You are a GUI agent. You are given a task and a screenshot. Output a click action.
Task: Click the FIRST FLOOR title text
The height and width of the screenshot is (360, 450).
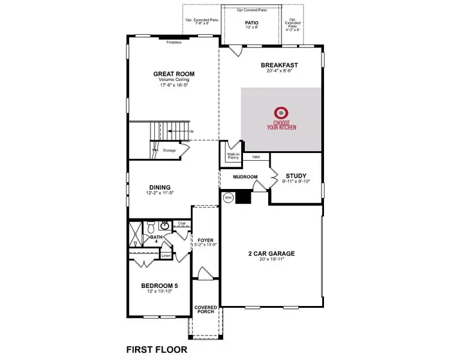pos(157,349)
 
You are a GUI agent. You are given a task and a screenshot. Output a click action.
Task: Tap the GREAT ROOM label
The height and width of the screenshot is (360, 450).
pos(174,74)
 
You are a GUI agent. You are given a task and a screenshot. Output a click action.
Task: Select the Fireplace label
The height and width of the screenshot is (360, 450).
pos(174,42)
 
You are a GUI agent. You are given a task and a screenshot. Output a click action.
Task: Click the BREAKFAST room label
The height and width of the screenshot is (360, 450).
pos(279,65)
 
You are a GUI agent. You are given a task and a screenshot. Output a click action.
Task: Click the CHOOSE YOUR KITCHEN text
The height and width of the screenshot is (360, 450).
pos(281,125)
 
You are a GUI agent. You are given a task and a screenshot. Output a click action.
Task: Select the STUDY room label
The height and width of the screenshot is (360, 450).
pos(296,176)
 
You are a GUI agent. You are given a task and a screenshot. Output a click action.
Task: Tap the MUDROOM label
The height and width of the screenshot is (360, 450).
pos(245,177)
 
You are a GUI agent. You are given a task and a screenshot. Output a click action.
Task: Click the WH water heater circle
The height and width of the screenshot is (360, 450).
pos(228,197)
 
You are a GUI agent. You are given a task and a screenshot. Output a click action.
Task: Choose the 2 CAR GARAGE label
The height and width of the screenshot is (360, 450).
pos(272,253)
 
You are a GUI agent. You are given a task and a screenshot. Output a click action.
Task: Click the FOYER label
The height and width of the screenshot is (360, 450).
pos(206,240)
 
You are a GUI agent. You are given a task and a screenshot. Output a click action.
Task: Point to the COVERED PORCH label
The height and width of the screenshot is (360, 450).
pos(206,310)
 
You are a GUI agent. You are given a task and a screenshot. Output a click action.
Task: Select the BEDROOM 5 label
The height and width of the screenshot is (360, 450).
pos(160,286)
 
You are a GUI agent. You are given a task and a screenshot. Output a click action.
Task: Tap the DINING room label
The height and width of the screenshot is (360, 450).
pos(160,187)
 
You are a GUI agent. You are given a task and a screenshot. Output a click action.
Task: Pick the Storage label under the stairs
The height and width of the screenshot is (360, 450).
pos(169,150)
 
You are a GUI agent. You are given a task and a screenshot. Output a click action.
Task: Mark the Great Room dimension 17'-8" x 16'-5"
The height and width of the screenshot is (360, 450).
pos(174,86)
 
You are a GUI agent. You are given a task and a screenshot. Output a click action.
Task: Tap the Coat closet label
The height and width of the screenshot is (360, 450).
pos(182,223)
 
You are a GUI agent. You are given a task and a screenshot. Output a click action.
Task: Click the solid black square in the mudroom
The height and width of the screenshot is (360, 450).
pos(242,197)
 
